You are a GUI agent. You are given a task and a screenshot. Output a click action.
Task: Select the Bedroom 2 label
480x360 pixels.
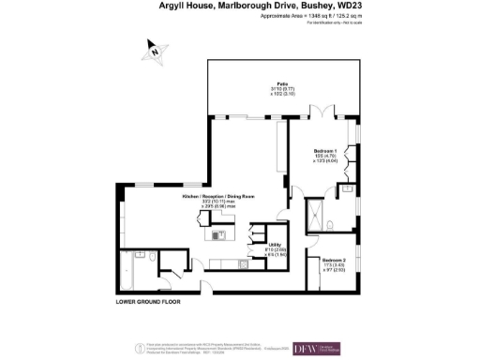click(x=333, y=259)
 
